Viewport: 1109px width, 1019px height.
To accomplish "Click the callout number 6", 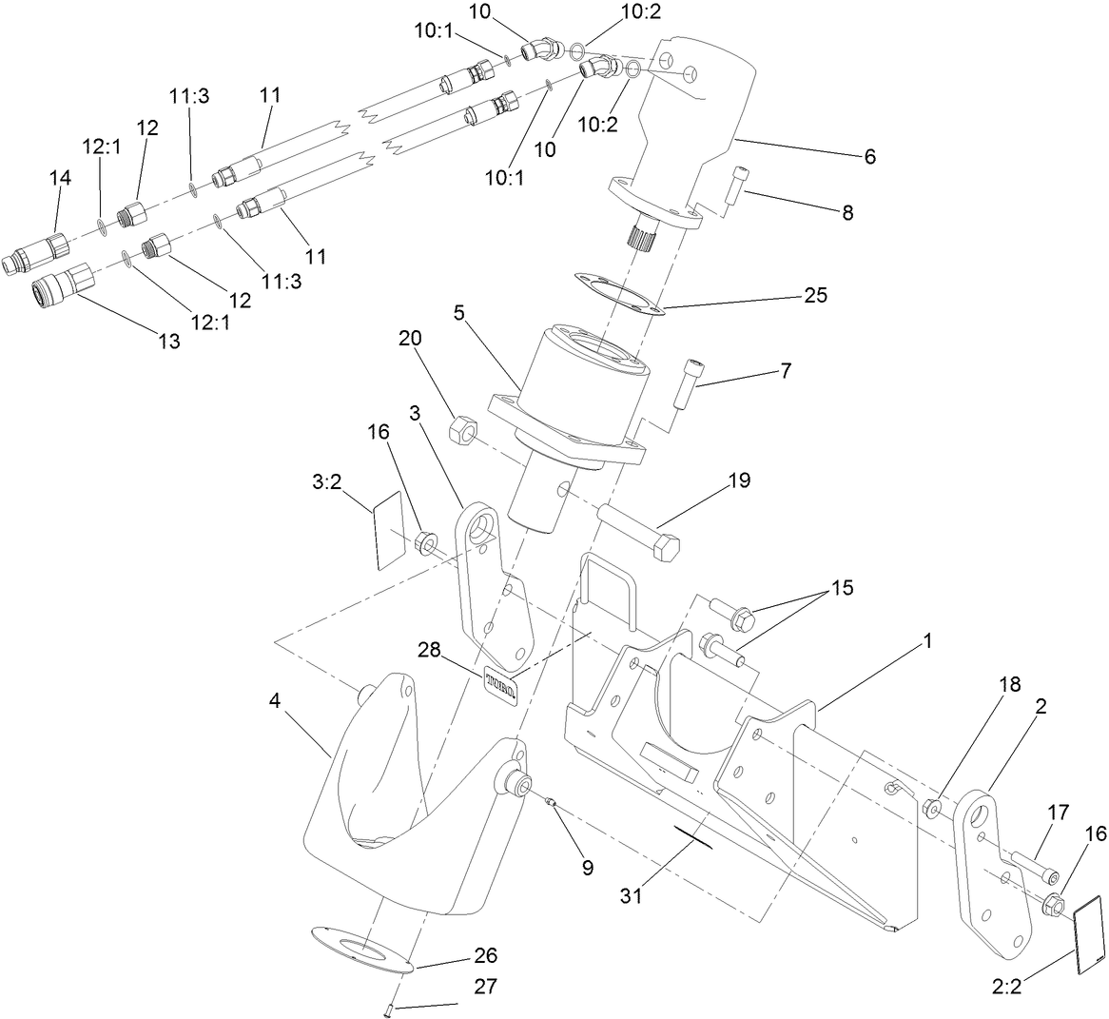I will (868, 156).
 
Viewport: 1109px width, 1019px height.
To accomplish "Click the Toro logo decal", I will (500, 682).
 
